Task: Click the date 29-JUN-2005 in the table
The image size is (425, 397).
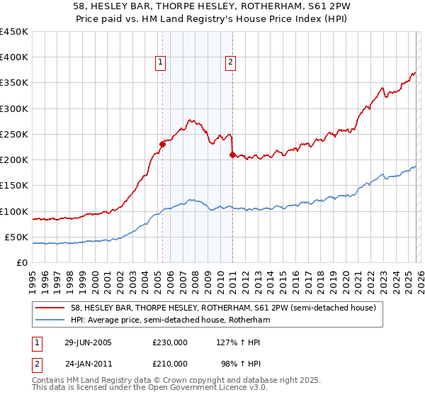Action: click(88, 342)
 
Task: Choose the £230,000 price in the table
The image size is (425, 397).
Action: click(170, 342)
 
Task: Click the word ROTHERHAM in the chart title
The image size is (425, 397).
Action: click(257, 6)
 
